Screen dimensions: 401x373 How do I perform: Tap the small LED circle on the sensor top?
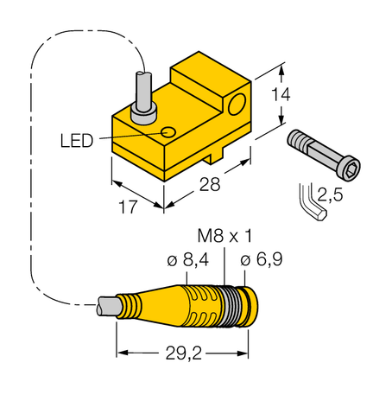[x=169, y=131]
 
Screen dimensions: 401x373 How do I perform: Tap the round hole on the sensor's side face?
[x=235, y=106]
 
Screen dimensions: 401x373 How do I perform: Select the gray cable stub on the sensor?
[x=142, y=95]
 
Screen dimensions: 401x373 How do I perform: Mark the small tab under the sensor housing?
[x=213, y=158]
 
